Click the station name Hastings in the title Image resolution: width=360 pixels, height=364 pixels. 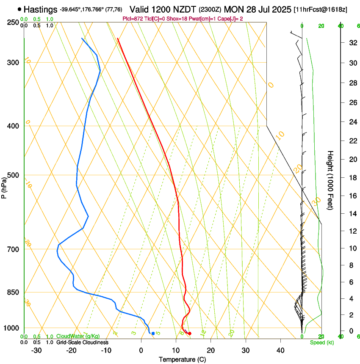(x=40, y=9)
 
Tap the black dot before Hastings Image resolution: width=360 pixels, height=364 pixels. (x=19, y=9)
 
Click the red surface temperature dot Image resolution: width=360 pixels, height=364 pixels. (x=189, y=334)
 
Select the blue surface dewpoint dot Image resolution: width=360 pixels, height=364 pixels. (x=153, y=334)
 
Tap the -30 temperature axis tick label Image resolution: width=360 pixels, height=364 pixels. (x=36, y=350)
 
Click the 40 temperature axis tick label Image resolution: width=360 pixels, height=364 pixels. (x=280, y=350)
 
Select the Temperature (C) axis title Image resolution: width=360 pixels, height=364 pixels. (x=182, y=359)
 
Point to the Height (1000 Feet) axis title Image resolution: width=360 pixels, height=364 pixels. (x=330, y=180)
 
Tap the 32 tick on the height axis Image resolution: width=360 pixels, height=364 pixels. (x=352, y=42)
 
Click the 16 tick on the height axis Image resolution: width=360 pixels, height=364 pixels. (x=352, y=196)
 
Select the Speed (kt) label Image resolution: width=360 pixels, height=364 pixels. (x=321, y=342)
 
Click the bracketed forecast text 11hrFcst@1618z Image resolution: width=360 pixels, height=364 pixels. (x=321, y=9)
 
